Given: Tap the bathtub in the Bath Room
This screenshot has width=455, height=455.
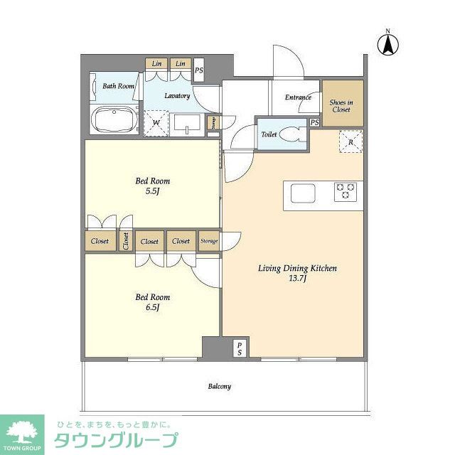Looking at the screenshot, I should [115, 118].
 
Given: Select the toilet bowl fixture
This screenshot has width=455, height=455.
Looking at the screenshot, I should [291, 134].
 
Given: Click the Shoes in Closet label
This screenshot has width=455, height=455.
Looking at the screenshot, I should [341, 105].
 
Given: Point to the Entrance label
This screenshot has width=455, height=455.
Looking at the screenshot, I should [298, 97].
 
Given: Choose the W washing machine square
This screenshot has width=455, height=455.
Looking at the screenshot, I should [156, 122].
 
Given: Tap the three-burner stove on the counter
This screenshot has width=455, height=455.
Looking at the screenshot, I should [346, 191].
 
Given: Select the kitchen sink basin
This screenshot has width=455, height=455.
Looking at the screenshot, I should [301, 193].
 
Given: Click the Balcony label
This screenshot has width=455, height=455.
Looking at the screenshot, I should [219, 387].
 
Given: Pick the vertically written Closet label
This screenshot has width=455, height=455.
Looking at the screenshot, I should [126, 241].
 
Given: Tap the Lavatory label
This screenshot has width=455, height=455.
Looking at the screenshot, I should [177, 95].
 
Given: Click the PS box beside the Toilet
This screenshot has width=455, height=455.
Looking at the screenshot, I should [314, 123].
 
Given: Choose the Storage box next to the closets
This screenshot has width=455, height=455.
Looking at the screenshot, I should [209, 241].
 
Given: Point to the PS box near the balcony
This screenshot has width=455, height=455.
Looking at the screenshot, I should [240, 348].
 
